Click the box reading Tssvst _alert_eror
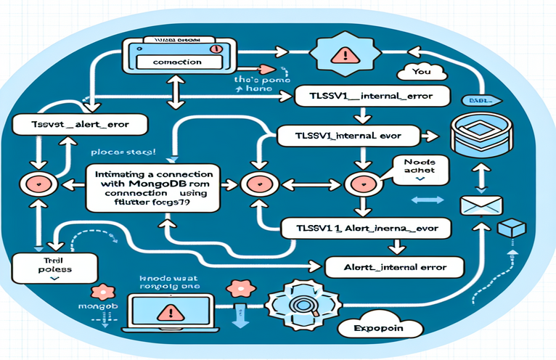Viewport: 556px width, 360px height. (x=76, y=124)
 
